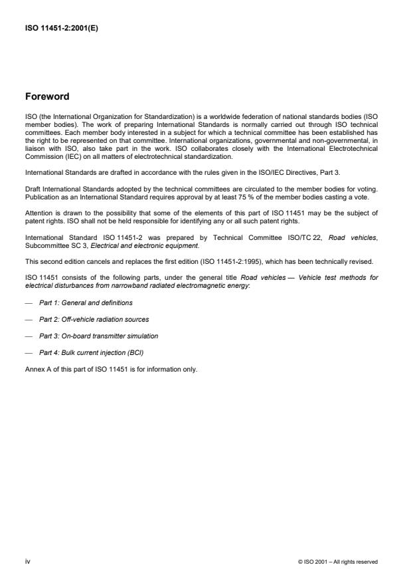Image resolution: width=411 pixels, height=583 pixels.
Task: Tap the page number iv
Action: [x=28, y=562]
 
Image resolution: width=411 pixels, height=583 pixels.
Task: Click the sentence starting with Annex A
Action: [x=111, y=369]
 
